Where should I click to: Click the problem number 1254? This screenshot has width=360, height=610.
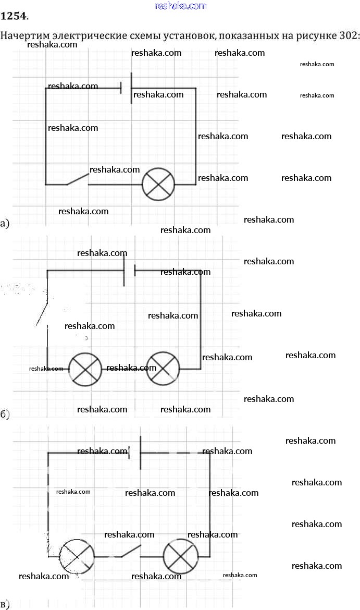point(14,16)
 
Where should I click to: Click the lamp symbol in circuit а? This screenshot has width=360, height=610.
point(158,184)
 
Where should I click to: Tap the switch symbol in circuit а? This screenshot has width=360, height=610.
point(77,179)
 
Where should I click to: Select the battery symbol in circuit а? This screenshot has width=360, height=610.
point(126,88)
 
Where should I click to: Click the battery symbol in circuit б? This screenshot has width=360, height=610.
point(129,271)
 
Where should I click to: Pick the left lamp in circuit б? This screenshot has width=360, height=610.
point(85,369)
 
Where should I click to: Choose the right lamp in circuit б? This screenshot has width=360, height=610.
point(163,369)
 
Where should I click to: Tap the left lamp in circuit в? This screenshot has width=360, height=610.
point(77,557)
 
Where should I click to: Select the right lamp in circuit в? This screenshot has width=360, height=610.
point(180,557)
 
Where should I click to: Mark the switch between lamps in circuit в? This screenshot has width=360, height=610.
point(130,552)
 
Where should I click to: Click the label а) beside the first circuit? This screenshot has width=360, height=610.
point(5,224)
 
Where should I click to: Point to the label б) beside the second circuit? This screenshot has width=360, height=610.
point(5,414)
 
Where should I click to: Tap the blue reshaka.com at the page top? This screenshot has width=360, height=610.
point(181,6)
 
